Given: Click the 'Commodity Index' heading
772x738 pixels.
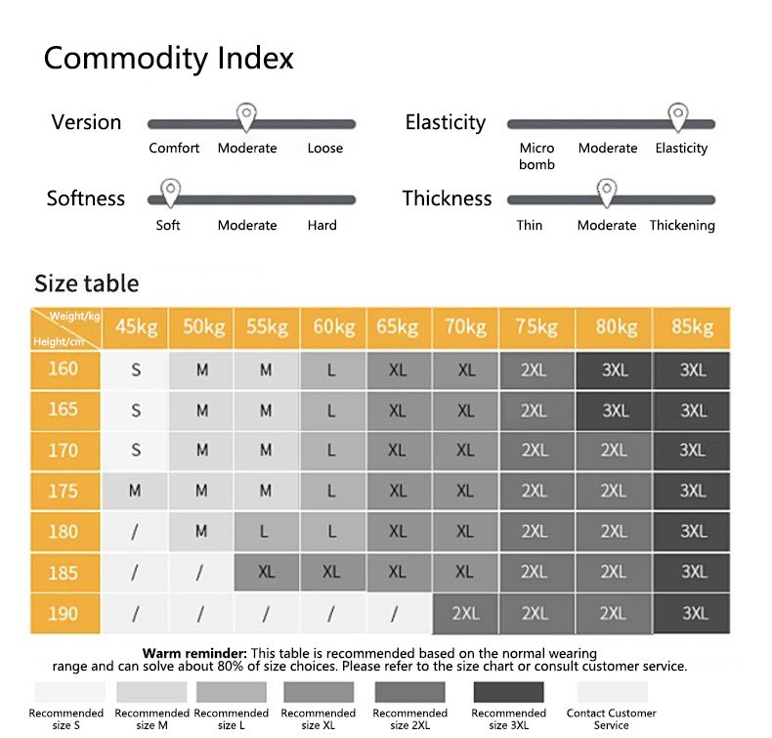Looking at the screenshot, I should pyautogui.click(x=168, y=58).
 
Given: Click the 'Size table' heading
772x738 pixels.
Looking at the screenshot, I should pyautogui.click(x=87, y=283).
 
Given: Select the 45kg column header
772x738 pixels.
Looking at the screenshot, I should pyautogui.click(x=136, y=327).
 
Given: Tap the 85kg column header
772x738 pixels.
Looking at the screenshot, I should pyautogui.click(x=693, y=327).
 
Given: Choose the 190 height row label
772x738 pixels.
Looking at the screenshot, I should pyautogui.click(x=63, y=612).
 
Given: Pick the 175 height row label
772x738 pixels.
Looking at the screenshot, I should pyautogui.click(x=63, y=491).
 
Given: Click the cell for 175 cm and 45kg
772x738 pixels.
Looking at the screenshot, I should pyautogui.click(x=136, y=491).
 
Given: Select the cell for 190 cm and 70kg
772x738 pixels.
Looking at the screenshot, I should pyautogui.click(x=465, y=613).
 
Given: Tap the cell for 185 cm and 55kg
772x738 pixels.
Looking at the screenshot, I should pyautogui.click(x=267, y=572).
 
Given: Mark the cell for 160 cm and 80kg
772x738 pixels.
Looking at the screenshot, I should pyautogui.click(x=615, y=370).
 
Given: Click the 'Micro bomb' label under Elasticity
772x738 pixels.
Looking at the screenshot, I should pyautogui.click(x=536, y=156).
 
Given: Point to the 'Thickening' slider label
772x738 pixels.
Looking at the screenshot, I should pyautogui.click(x=682, y=225).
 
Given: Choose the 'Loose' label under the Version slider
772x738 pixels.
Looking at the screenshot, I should pyautogui.click(x=325, y=149).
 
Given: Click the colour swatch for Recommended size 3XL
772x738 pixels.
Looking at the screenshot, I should pyautogui.click(x=508, y=693).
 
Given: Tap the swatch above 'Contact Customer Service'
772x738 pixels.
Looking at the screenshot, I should pyautogui.click(x=612, y=693).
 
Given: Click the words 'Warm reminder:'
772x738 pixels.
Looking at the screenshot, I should pyautogui.click(x=194, y=653).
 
